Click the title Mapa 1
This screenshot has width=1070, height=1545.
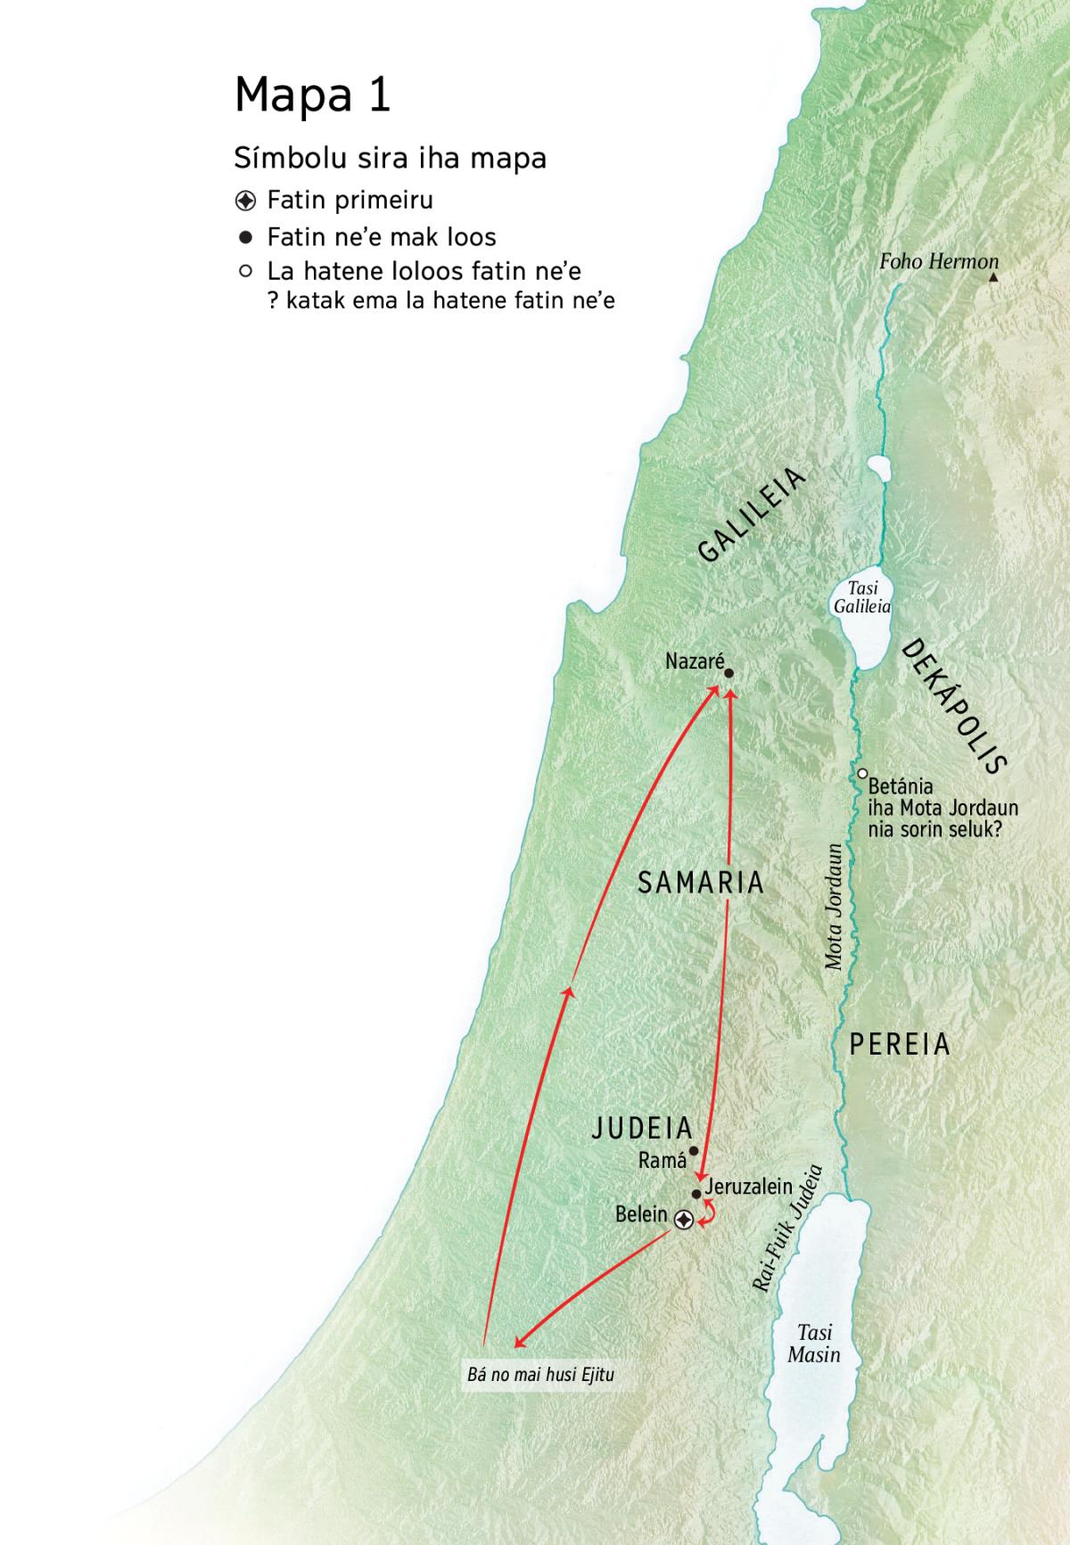click(x=312, y=95)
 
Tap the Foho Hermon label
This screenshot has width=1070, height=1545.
click(x=938, y=261)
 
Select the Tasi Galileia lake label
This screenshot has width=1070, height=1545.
click(x=861, y=597)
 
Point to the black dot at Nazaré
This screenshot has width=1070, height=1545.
click(x=728, y=674)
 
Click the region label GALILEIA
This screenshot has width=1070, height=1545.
click(x=751, y=516)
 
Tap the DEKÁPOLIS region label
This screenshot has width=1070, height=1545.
click(x=953, y=706)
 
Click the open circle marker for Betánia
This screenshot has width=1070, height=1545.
click(x=862, y=774)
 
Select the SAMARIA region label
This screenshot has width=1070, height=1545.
click(x=701, y=883)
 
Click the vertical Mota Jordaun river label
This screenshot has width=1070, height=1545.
click(x=834, y=906)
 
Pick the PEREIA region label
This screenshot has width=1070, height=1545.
click(x=899, y=1044)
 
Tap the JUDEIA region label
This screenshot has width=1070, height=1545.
click(x=642, y=1129)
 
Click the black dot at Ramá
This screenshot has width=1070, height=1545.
click(x=694, y=1151)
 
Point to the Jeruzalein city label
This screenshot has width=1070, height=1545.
click(x=748, y=1187)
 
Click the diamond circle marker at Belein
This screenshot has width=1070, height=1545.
click(x=683, y=1220)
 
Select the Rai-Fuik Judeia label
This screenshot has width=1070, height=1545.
click(x=786, y=1229)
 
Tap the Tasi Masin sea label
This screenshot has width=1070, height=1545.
click(x=813, y=1344)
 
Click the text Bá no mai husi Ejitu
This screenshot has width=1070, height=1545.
click(x=540, y=1375)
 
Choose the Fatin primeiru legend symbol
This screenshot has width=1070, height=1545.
click(x=246, y=201)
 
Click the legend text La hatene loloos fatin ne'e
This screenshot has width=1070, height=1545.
click(x=424, y=271)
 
